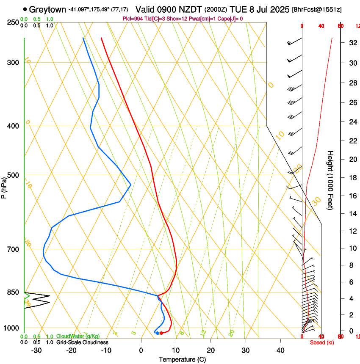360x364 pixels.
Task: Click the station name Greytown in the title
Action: click(47, 9)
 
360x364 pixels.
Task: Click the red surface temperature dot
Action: click(161, 333)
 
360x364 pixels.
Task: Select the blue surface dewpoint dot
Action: click(157, 333)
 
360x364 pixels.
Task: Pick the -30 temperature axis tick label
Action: click(36, 350)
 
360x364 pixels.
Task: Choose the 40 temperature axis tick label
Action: click(280, 350)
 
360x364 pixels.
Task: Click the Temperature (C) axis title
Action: click(182, 359)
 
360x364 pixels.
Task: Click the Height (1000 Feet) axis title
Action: click(331, 180)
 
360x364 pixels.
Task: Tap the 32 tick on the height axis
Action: click(352, 42)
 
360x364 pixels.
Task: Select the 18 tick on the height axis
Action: click(352, 178)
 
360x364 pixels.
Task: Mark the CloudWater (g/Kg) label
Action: click(76, 336)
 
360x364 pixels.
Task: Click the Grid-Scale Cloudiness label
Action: click(82, 342)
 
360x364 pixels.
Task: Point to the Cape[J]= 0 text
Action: click(231, 19)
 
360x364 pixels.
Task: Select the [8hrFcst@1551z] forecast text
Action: click(317, 9)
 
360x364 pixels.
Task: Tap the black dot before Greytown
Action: click(25, 9)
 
